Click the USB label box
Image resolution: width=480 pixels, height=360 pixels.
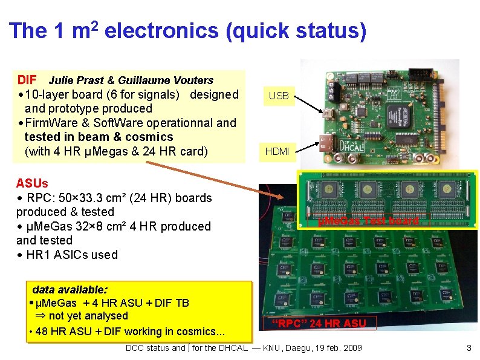[x=279, y=96]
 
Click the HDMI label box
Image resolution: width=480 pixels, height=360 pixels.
[x=277, y=152]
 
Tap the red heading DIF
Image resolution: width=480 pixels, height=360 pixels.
[x=27, y=80]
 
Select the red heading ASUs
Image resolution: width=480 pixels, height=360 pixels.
[x=32, y=183]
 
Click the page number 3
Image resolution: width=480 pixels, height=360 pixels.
[x=468, y=348]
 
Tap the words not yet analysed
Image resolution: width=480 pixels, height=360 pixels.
[x=88, y=316]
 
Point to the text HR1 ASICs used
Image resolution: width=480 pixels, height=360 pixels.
[x=72, y=255]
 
